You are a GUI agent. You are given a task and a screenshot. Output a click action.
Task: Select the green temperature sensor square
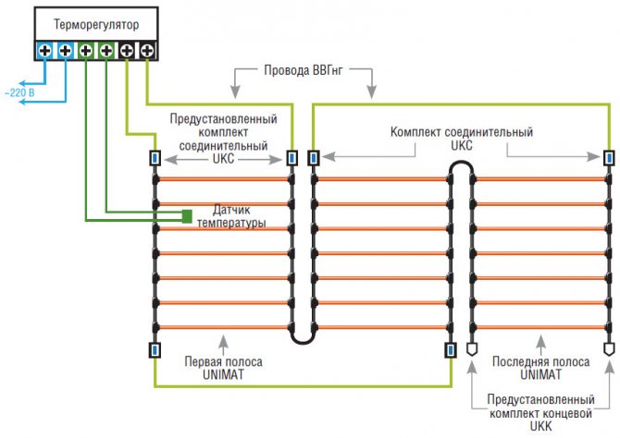pos(187,216)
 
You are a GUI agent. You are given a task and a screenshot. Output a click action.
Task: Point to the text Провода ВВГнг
pos(303,70)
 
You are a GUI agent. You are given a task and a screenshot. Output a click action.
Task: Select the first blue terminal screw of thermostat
pos(44,50)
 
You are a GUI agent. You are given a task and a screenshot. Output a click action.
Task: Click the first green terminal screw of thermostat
pos(86,50)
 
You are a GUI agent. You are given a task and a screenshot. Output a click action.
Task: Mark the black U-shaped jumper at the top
pos(462,166)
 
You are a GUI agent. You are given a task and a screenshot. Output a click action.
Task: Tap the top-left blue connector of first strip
pos(155,158)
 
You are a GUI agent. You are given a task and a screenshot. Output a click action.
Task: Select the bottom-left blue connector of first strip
pos(155,350)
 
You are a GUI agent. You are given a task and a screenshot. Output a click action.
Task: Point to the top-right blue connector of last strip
pos(608,158)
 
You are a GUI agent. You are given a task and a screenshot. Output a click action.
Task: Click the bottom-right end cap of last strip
pos(608,350)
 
